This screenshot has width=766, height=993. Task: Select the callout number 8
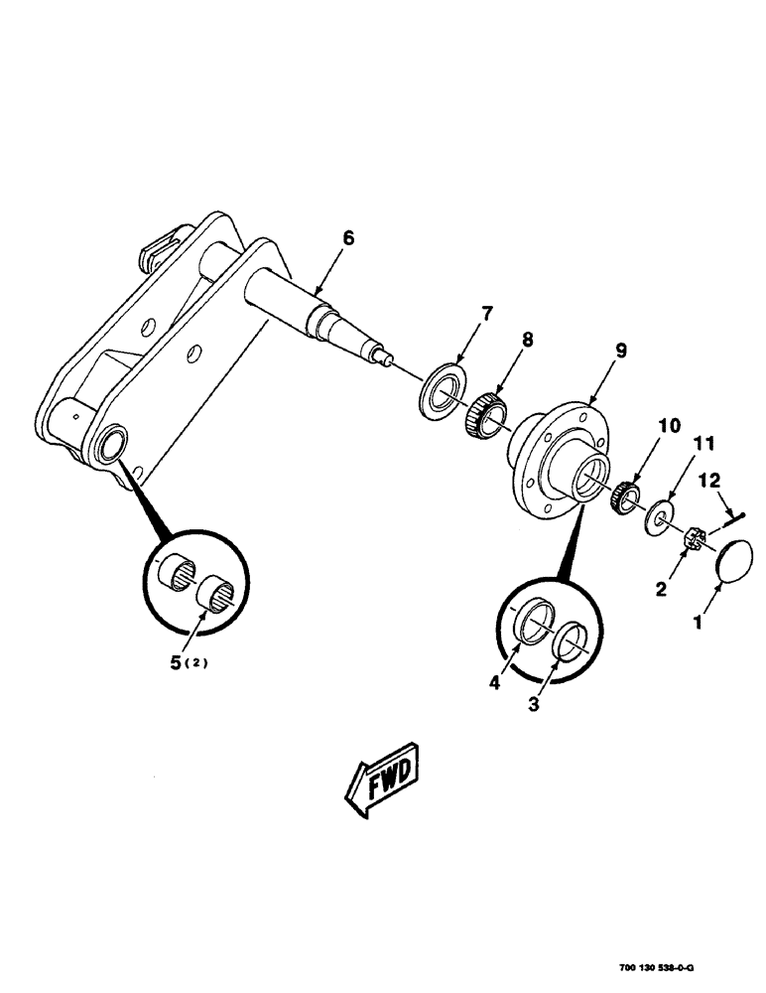pos(527,340)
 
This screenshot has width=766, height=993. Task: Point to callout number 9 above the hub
pos(619,351)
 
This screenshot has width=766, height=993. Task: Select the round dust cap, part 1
pos(737,562)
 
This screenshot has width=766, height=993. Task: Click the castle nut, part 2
pos(696,538)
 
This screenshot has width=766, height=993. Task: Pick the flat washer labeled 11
pos(658,517)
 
